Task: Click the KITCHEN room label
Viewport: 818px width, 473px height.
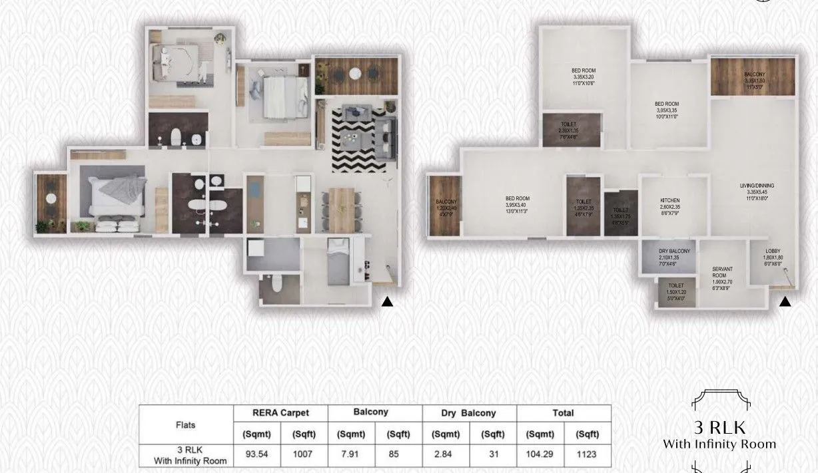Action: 670,200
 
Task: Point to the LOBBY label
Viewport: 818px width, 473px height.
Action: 773,251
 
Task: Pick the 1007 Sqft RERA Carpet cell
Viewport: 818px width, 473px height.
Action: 304,455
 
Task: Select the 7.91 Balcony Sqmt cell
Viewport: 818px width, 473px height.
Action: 352,455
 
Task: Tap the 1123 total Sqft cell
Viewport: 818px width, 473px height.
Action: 587,455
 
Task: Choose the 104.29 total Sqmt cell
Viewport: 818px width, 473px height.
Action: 540,455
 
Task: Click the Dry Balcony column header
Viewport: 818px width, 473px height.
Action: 469,413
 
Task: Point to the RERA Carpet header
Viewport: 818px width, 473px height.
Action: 280,413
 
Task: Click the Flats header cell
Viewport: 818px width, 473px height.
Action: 185,424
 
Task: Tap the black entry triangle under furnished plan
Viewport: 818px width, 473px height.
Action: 387,301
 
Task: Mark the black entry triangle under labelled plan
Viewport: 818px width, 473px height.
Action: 785,301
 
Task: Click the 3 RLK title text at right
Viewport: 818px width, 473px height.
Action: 719,426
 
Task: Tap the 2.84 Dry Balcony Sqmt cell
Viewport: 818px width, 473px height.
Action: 446,455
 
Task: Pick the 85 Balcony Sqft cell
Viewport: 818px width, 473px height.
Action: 398,455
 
